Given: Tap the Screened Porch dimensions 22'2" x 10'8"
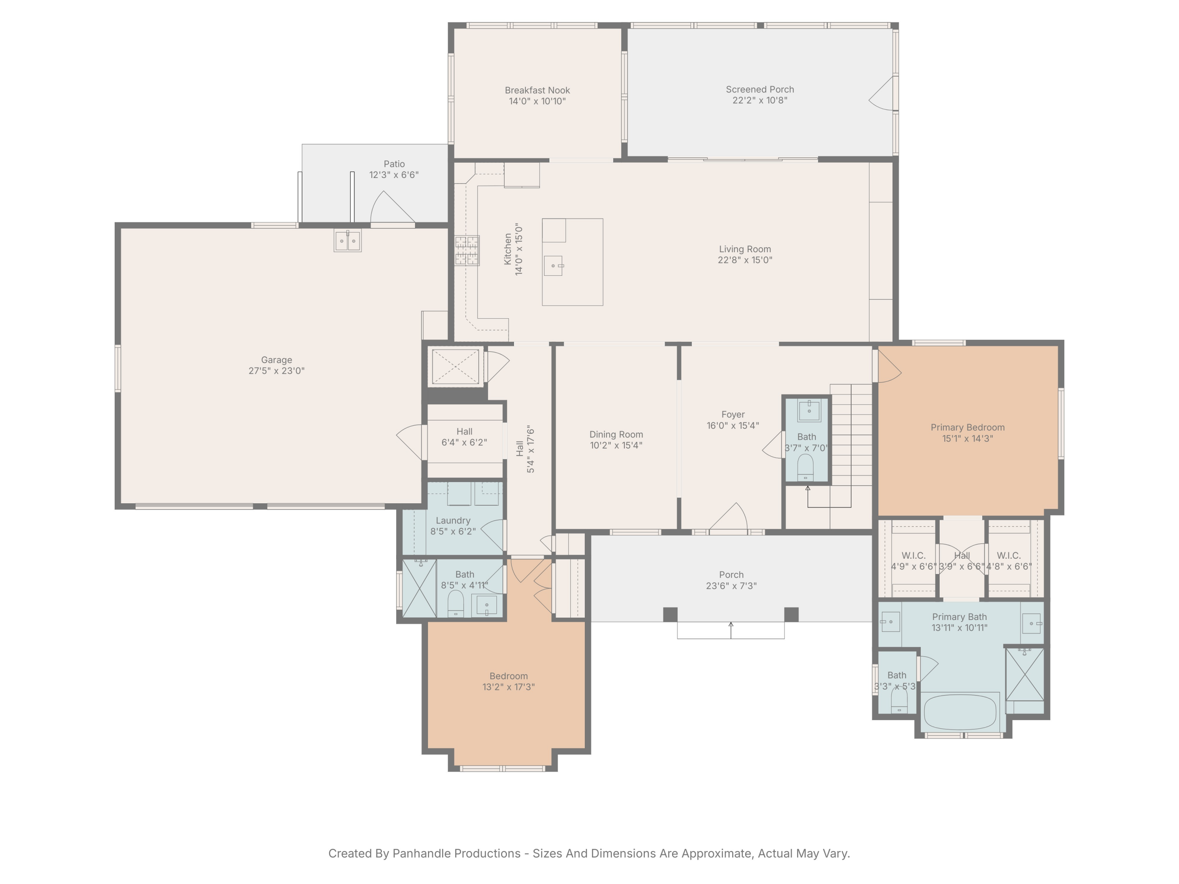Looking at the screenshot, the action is coord(760,100).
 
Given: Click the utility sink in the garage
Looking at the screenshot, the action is coord(347,241).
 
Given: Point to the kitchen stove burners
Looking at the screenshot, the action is coord(467,250).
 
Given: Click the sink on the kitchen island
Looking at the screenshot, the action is coord(554,265).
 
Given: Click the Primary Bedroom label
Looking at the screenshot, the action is coord(968,428).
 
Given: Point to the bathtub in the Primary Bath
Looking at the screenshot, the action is coord(959,712).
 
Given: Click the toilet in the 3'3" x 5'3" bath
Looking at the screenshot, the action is coord(899,700).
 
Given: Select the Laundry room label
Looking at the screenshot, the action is coord(453,521).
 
